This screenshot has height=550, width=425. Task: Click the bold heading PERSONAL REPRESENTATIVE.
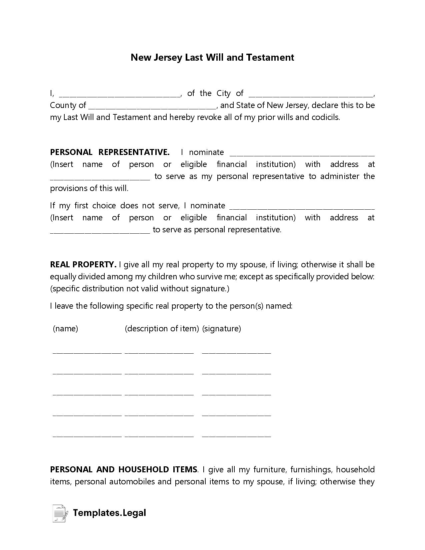110,152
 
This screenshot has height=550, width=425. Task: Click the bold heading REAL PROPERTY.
83,265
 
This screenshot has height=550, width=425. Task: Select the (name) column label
65,329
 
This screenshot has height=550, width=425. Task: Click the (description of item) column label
162,329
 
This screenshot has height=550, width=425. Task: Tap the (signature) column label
221,329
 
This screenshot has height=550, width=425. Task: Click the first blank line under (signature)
236,352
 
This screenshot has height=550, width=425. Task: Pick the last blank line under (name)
87,435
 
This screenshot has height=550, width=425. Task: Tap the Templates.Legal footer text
109,513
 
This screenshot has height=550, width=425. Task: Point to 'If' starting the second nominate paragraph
53,206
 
